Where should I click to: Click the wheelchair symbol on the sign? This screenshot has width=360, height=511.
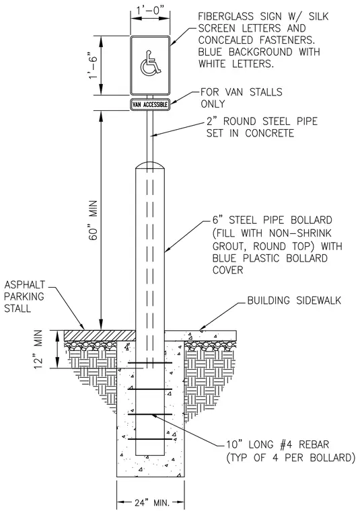(150, 63)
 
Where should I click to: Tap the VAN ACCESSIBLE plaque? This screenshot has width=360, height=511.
(150, 105)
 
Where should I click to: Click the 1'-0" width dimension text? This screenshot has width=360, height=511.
(150, 11)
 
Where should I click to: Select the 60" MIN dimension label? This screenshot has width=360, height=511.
(94, 221)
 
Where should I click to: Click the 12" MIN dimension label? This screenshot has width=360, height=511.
(38, 350)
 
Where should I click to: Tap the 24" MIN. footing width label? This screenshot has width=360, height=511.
(150, 502)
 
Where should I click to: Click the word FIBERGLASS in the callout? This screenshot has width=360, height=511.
(223, 17)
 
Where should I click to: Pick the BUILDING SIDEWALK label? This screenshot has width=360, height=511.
(294, 301)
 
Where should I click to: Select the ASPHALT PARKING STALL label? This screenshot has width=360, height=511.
(24, 297)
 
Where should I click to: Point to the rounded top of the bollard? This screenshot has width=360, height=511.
(150, 165)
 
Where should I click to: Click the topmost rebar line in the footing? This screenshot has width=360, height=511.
(150, 362)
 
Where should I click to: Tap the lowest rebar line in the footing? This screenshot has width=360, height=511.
(150, 439)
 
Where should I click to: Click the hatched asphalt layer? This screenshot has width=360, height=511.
(100, 335)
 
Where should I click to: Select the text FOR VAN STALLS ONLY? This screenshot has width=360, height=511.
(242, 98)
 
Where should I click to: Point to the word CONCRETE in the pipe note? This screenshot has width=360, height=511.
(270, 133)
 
